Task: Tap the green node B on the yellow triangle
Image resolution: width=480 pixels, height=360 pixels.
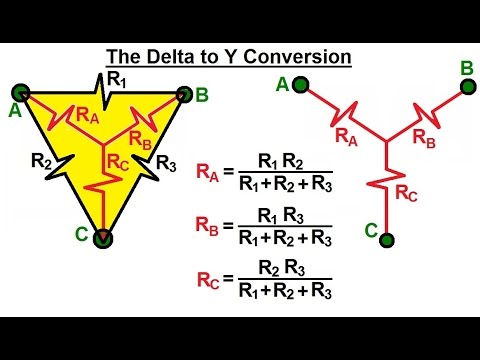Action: [x=183, y=94]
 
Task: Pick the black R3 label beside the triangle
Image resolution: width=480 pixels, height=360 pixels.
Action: [x=167, y=164]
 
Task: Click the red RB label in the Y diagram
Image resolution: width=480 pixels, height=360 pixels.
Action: [x=423, y=140]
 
